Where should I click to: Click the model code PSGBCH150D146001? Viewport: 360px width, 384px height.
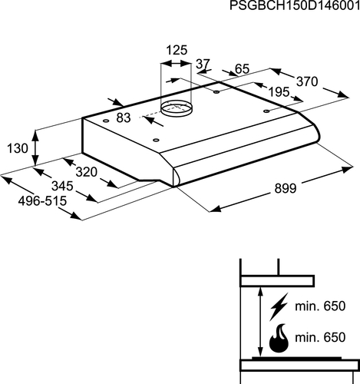click(295, 5)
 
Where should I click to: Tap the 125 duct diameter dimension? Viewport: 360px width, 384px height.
click(177, 50)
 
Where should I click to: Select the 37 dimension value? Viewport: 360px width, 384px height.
click(203, 64)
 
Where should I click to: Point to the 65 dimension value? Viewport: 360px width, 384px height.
click(242, 69)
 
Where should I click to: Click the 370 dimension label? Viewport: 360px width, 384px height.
click(307, 81)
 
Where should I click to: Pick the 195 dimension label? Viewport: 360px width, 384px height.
click(279, 92)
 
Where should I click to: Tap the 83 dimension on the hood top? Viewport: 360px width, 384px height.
click(124, 118)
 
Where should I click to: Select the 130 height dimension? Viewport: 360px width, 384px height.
click(18, 148)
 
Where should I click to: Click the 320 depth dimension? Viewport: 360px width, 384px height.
click(87, 172)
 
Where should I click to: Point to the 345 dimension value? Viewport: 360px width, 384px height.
click(62, 186)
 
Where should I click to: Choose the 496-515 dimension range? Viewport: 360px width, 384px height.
click(42, 201)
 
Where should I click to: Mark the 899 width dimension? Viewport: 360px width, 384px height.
click(286, 188)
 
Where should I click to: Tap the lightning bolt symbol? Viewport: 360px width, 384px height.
click(279, 306)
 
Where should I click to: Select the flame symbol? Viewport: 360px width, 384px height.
click(279, 338)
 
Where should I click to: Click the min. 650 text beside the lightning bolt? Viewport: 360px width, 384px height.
click(320, 306)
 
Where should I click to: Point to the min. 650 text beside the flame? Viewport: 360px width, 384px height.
click(320, 337)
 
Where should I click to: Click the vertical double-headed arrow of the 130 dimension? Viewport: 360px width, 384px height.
click(35, 148)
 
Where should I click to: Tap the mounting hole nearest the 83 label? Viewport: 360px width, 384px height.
click(105, 121)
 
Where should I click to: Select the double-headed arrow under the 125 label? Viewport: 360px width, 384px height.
click(176, 63)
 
